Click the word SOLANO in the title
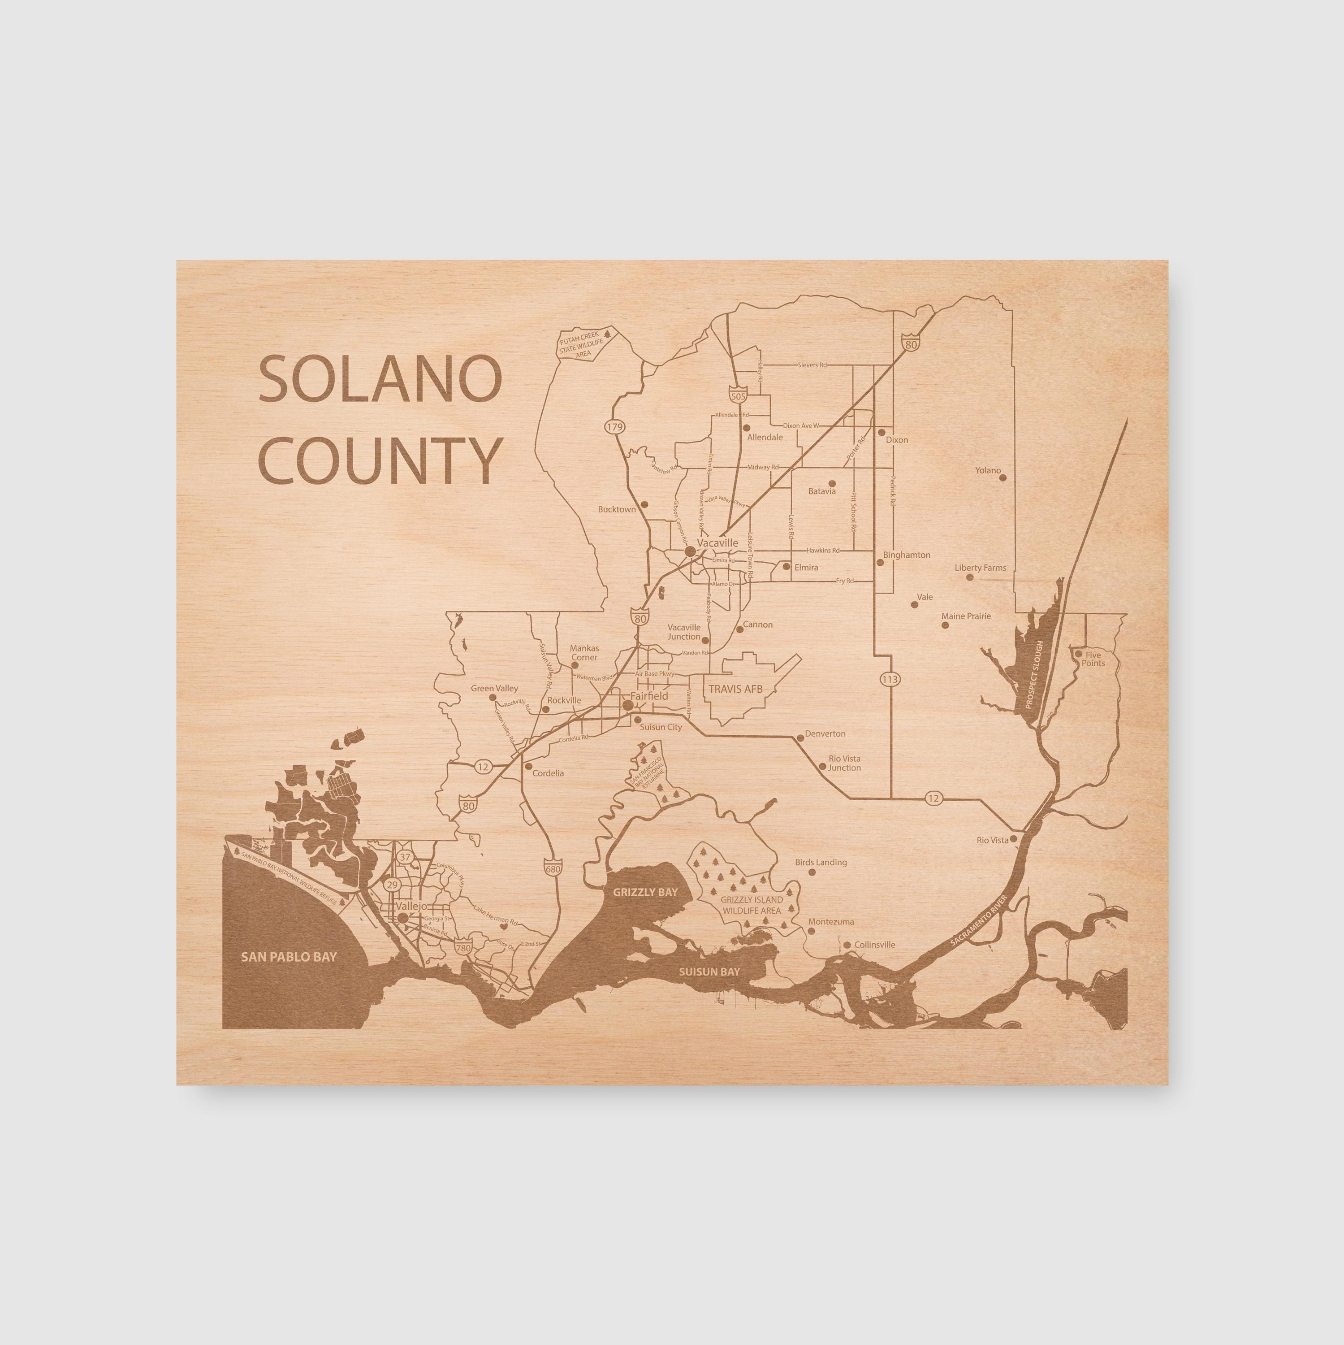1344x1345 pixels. [x=380, y=379]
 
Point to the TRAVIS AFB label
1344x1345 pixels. [x=735, y=689]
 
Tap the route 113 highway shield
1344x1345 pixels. [x=890, y=679]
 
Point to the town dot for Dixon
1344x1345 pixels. [x=881, y=432]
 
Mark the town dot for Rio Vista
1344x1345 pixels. [x=1013, y=839]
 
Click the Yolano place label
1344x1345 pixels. [x=987, y=471]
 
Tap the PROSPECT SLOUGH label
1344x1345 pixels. [x=1035, y=675]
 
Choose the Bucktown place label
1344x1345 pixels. [x=617, y=509]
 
